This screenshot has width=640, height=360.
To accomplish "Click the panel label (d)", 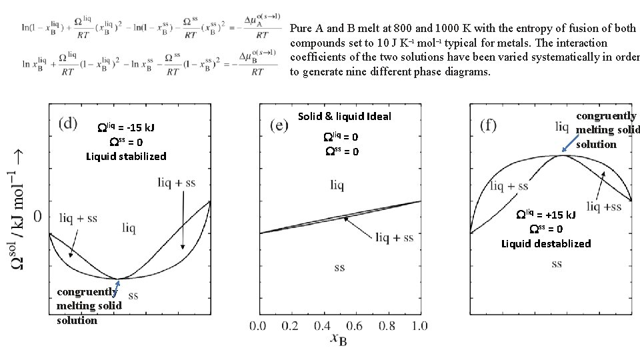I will click(x=67, y=123).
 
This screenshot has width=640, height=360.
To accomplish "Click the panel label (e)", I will click(x=280, y=125).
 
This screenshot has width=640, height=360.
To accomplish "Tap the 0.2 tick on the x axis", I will click(x=290, y=326).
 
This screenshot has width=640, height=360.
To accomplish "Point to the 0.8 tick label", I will click(x=387, y=326).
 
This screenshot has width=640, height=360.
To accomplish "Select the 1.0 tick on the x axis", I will click(x=419, y=326).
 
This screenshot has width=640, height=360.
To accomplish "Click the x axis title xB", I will click(x=339, y=339).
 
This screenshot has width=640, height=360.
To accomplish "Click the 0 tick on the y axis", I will click(x=38, y=215).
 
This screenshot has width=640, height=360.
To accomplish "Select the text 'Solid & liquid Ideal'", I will click(x=345, y=117).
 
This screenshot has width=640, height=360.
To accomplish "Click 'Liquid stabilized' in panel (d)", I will click(x=126, y=157).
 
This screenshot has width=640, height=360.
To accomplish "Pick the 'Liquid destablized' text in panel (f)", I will click(x=546, y=243).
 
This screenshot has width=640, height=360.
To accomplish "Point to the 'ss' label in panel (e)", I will click(x=340, y=267).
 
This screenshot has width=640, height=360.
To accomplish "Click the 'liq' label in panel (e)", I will click(x=337, y=184).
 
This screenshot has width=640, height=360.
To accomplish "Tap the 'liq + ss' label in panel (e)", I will click(x=394, y=237).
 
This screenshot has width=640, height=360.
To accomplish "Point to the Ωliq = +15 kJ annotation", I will click(x=547, y=215).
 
